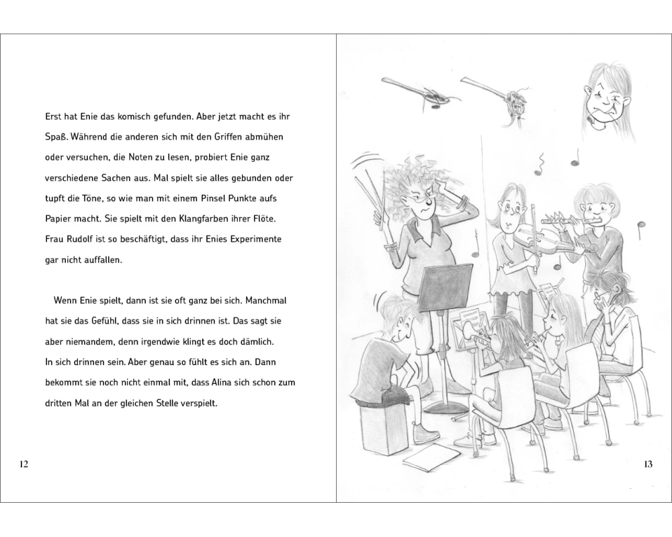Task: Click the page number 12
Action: (24, 464)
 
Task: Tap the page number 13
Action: (648, 464)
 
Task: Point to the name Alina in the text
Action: (222, 382)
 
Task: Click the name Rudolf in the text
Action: (81, 239)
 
